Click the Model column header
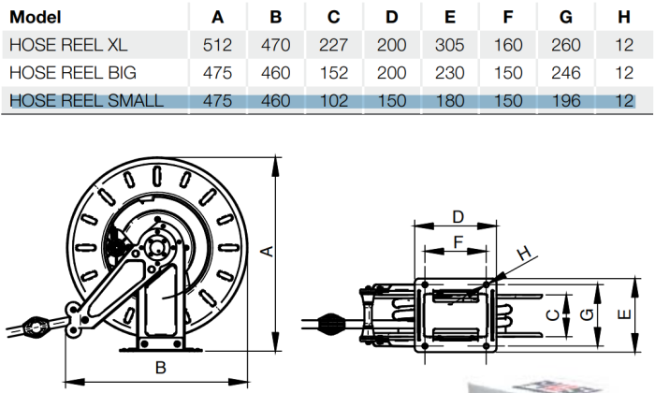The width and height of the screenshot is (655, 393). tap(36, 17)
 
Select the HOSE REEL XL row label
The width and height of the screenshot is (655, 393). tap(68, 45)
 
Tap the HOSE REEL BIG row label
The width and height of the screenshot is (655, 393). tap(73, 73)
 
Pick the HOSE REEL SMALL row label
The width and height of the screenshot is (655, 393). tap(86, 101)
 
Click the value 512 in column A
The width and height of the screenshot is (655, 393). tap(217, 45)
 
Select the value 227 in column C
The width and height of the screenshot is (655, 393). tap(333, 45)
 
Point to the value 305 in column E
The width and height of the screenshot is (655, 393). tap(449, 45)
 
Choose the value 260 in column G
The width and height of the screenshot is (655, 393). tap(565, 45)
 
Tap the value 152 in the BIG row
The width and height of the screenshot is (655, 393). tap(333, 73)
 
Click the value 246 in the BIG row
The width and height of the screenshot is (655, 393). tap(565, 73)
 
